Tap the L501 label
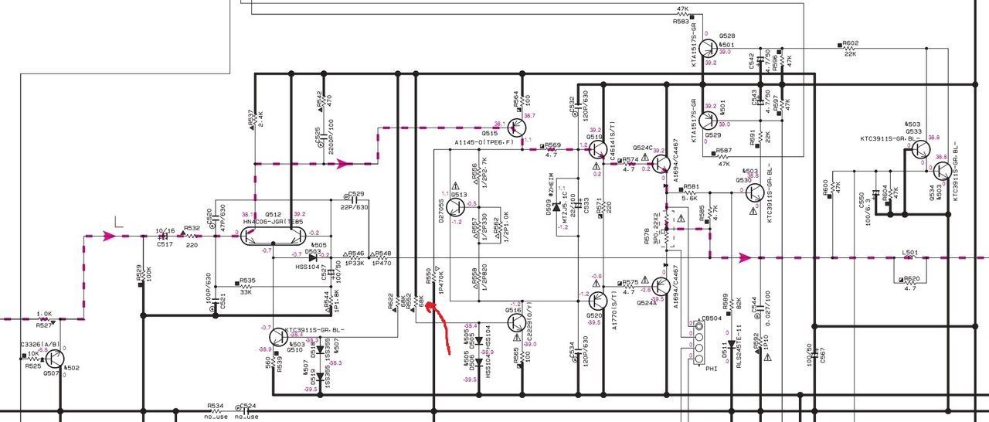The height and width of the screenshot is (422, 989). tap(911, 252)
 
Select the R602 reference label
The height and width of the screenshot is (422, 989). tap(850, 43)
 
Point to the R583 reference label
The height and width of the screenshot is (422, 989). tap(681, 22)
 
